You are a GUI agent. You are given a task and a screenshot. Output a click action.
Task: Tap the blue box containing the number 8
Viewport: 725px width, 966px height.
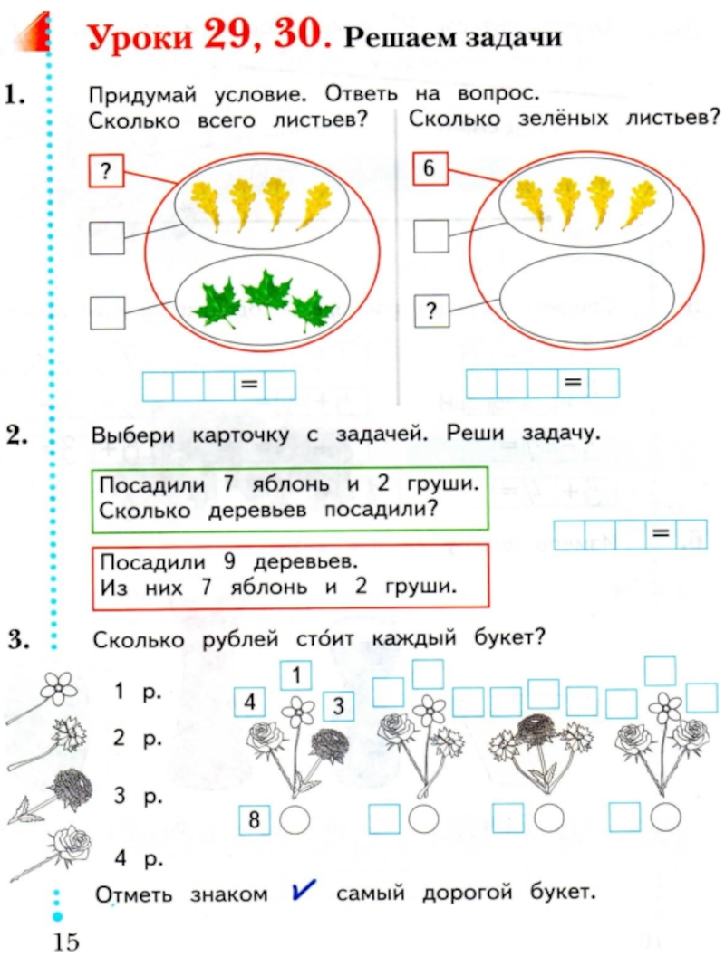click(256, 820)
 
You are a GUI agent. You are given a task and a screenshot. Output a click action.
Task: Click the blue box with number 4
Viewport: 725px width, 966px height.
click(249, 703)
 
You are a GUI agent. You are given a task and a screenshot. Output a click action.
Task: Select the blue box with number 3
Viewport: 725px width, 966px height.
click(336, 706)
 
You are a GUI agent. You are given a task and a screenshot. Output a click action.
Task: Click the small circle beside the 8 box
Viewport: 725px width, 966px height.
click(294, 819)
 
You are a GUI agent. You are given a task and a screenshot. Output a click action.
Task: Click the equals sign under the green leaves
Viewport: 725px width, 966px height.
click(248, 387)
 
